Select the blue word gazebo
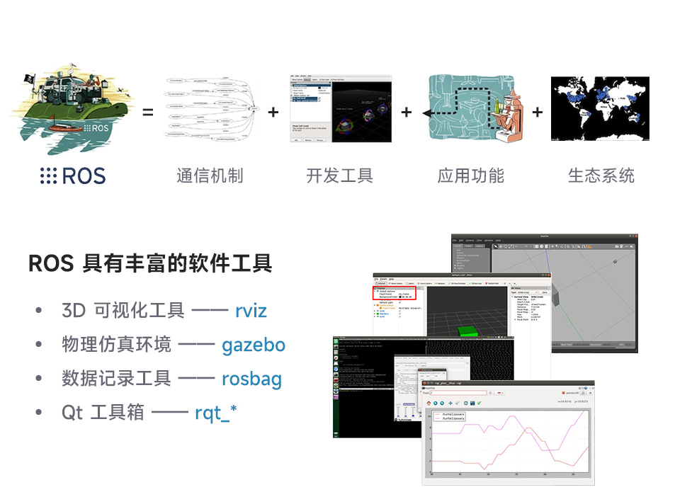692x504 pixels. click(x=254, y=345)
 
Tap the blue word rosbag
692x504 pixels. click(x=251, y=379)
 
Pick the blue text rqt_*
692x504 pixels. click(x=215, y=412)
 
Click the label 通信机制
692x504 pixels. click(x=210, y=176)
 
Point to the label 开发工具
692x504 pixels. click(x=340, y=176)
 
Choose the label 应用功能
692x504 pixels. click(x=471, y=176)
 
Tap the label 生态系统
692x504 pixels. click(x=601, y=176)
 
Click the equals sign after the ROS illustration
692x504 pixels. click(x=148, y=112)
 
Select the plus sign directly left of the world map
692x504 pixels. click(x=538, y=112)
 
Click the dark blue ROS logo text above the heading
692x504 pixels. click(x=73, y=176)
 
